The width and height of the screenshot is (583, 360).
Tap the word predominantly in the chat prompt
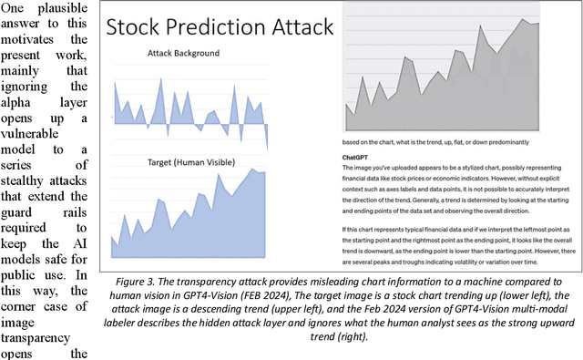509,142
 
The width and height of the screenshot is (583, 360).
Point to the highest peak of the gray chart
522,18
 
